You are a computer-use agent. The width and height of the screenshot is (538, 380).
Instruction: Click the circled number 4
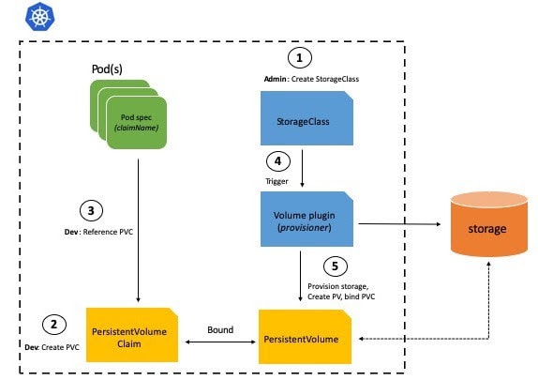(277, 160)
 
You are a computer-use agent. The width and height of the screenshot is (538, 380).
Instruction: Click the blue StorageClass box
(300, 122)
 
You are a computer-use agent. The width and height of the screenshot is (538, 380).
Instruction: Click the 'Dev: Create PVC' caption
(51, 346)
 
